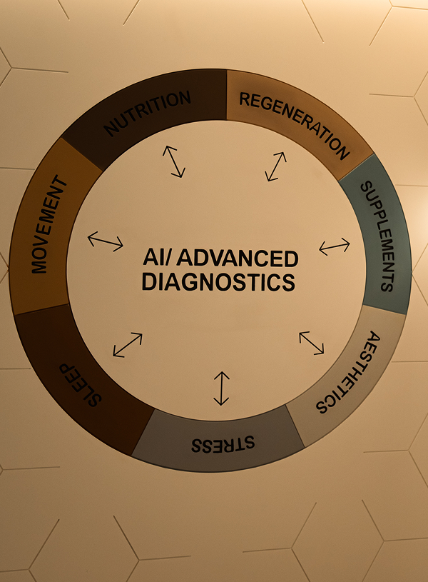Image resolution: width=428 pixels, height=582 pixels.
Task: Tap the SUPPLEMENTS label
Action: coord(376,236)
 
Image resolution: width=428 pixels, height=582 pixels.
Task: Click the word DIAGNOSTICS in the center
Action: coord(218,281)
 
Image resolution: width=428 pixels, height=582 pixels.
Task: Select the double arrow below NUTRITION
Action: coord(173,161)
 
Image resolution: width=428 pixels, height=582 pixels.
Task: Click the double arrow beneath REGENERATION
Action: coord(275,166)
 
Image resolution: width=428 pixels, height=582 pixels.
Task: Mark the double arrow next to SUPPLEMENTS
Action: coord(335,246)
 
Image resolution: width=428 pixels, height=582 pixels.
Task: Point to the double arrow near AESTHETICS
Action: coord(312,342)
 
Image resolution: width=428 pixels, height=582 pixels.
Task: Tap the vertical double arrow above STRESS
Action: coord(222,388)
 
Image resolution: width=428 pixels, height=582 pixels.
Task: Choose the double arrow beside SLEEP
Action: coord(128,345)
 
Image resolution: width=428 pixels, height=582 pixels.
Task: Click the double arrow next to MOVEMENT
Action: coord(106,241)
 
